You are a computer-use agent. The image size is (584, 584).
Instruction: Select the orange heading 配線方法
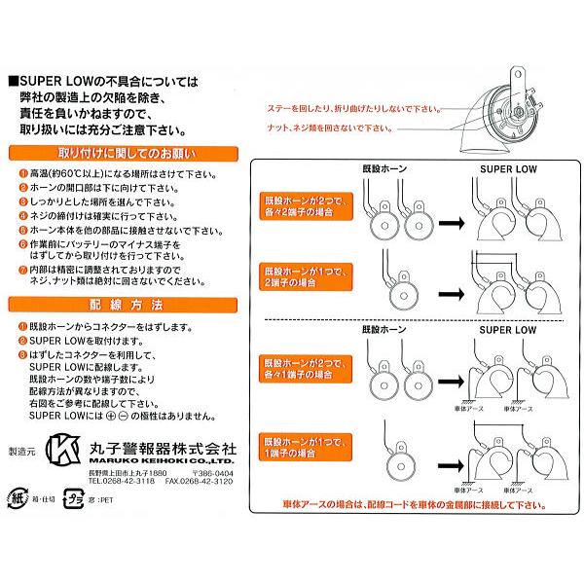[124, 305]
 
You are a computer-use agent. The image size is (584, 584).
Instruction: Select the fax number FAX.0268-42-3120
[196, 480]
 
